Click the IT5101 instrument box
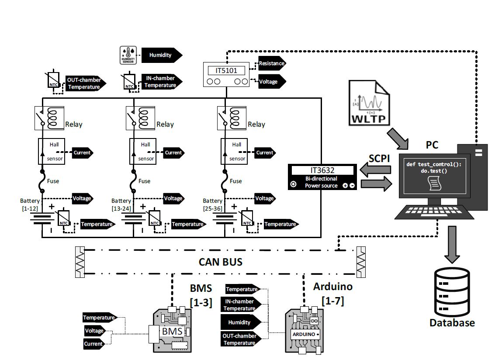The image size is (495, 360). [226, 74]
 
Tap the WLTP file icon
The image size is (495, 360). [369, 104]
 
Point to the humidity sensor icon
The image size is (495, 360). [128, 55]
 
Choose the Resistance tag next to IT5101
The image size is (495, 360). [272, 63]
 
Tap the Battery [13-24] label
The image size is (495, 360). [121, 204]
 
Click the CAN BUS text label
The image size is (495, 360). [221, 262]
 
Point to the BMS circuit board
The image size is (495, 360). [171, 332]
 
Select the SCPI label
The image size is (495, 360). [379, 159]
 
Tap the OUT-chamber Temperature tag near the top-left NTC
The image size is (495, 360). [84, 83]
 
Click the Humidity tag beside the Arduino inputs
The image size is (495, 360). [240, 322]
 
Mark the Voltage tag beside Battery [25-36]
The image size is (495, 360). [264, 198]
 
